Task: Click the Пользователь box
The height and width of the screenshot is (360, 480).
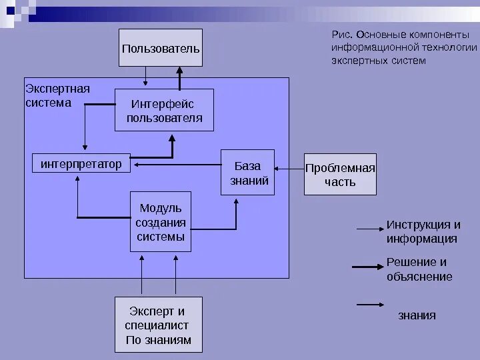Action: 160,48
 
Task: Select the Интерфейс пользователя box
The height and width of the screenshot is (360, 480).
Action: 163,111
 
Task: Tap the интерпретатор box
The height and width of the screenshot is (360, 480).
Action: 81,163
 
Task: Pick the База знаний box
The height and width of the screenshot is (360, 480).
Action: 247,172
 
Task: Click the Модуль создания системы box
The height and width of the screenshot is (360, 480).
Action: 160,221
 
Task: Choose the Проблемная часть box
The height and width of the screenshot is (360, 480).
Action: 340,174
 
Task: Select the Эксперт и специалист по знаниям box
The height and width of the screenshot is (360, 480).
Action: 158,325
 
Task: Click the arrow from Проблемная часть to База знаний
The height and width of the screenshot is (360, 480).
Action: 289,169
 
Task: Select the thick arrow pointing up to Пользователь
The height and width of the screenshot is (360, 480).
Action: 179,76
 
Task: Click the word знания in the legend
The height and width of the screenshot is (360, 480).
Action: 417,315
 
